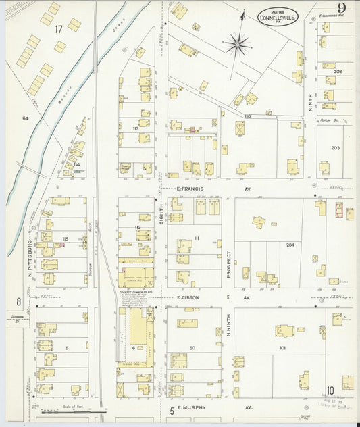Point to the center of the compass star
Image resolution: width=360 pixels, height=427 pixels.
click(x=238, y=45)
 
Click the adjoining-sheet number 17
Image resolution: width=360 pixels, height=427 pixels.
click(x=59, y=28)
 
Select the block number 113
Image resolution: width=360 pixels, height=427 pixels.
click(x=135, y=128)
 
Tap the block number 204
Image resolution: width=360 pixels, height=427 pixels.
click(x=290, y=245)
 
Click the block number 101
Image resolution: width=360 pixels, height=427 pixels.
click(x=282, y=348)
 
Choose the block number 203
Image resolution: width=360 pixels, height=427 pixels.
click(x=336, y=147)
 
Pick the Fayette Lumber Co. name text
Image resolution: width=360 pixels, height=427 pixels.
click(x=134, y=291)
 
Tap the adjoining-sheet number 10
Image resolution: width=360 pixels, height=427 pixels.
click(x=332, y=391)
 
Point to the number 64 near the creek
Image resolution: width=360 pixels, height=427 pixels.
click(x=25, y=118)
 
